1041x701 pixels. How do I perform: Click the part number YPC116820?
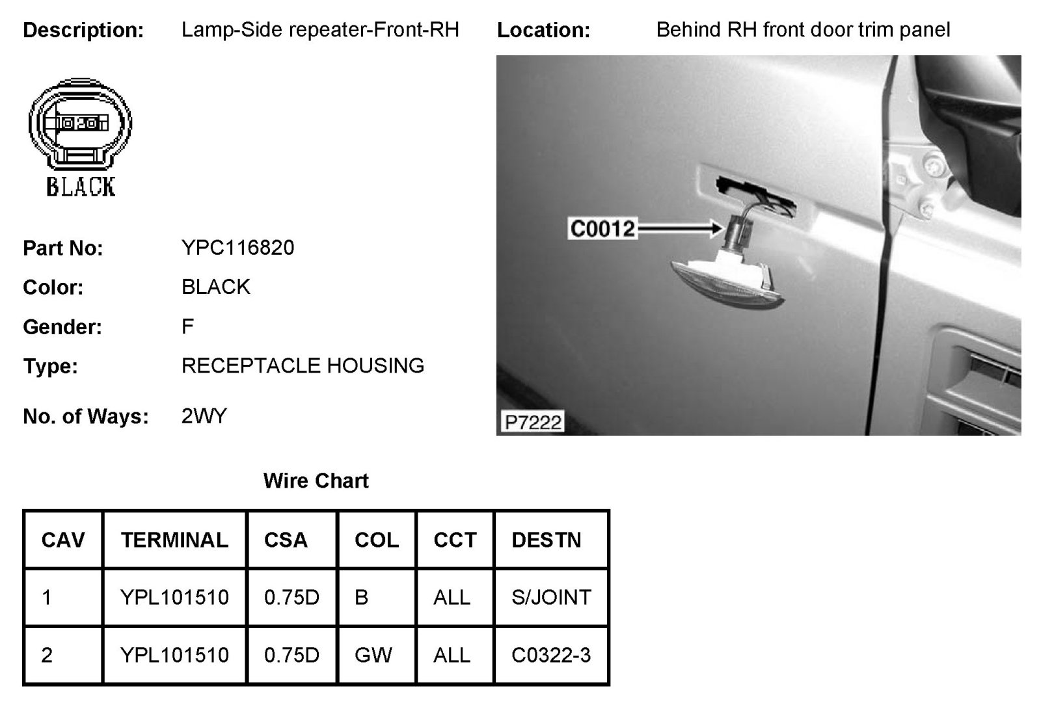pos(237,248)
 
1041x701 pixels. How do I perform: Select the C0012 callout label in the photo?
pos(602,228)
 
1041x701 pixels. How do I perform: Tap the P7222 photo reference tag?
pos(533,423)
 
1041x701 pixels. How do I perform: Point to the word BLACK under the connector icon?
pos(81,187)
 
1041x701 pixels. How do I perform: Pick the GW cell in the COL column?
pos(373,654)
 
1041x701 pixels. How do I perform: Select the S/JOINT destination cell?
pos(551,597)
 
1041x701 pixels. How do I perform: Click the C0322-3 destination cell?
pos(551,654)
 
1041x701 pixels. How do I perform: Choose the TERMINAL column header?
pos(174,540)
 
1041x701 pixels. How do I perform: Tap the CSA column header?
pos(286,540)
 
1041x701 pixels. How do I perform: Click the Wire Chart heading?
pos(316,481)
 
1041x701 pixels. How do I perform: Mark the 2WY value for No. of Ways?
pos(204,416)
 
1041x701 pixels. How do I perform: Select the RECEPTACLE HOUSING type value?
pos(303,365)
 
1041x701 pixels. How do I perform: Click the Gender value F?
pos(187,326)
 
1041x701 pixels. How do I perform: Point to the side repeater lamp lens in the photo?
pos(729,280)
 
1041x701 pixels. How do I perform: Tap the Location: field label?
pos(543,30)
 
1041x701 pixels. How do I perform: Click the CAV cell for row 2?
pos(47,654)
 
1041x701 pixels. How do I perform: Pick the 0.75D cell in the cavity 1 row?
pos(291,597)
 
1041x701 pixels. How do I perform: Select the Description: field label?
pos(83,30)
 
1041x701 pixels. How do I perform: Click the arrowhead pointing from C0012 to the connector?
pos(718,228)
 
